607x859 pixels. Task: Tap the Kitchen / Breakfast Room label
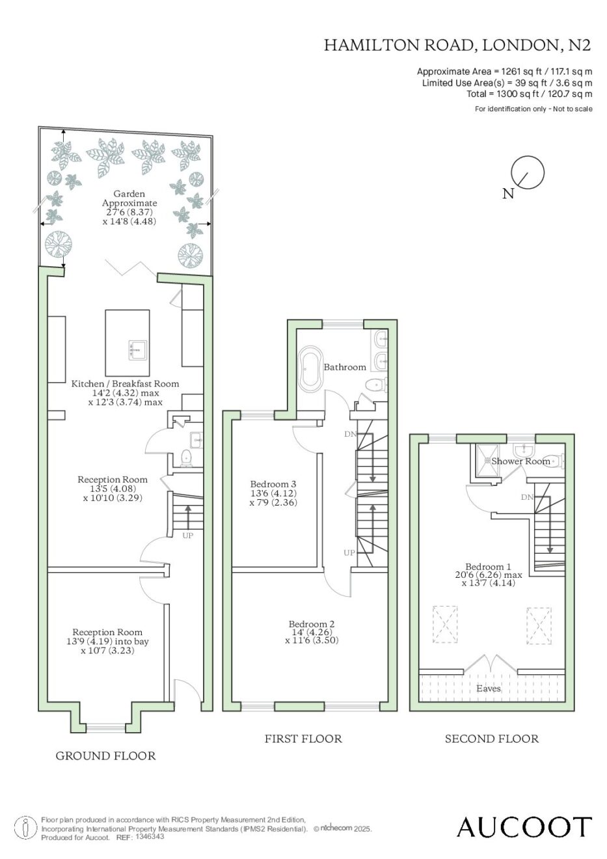[x=125, y=383]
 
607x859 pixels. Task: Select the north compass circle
[x=528, y=172]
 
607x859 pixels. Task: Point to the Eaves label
[x=489, y=689]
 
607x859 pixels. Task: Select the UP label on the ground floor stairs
[x=187, y=536]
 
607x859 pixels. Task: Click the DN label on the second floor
[x=527, y=497]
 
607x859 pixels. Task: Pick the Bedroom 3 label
[x=273, y=484]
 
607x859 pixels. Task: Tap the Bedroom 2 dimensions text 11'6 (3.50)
[x=312, y=640]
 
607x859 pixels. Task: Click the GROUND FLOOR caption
[x=106, y=756]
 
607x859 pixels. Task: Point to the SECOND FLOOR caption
[x=492, y=739]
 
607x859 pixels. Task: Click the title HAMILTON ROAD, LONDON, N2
[x=457, y=46]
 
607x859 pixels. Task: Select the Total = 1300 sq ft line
[x=529, y=94]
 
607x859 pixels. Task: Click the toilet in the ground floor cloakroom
[x=186, y=458]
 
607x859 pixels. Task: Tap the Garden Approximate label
[x=129, y=198]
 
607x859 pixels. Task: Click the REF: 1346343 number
[x=150, y=836]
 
